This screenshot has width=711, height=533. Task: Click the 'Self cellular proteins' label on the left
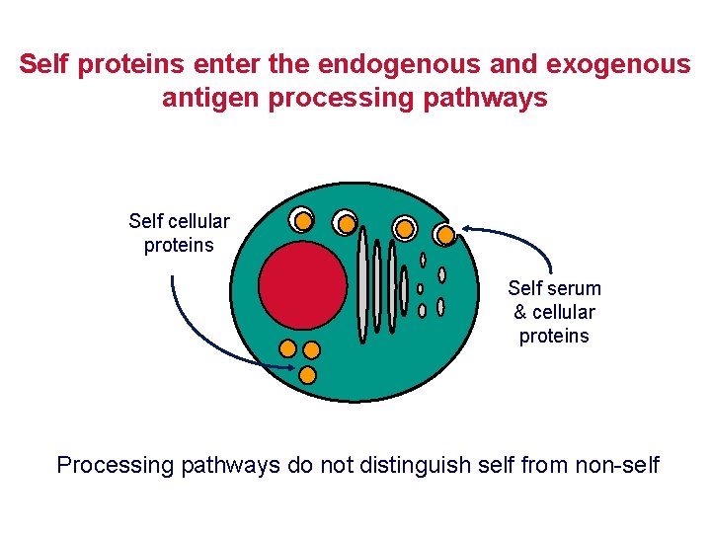(x=179, y=233)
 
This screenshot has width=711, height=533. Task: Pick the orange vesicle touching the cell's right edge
(x=445, y=234)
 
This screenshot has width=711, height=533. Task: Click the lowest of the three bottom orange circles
(x=307, y=375)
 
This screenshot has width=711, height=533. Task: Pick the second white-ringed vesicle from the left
(x=346, y=223)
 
